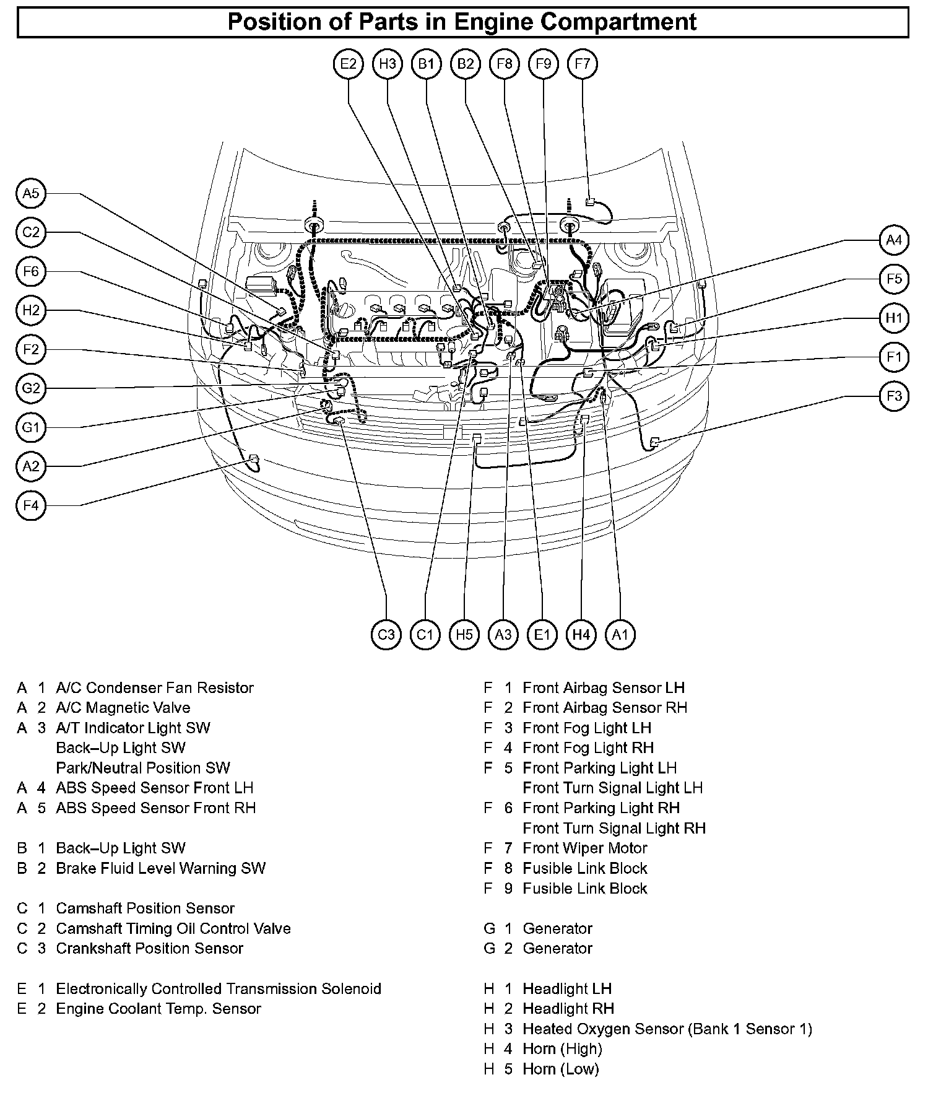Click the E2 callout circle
pyautogui.click(x=349, y=64)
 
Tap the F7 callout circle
pyautogui.click(x=583, y=64)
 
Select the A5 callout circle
pyautogui.click(x=30, y=193)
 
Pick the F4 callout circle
pyautogui.click(x=30, y=505)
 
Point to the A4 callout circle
pyautogui.click(x=894, y=240)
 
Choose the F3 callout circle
pyautogui.click(x=894, y=396)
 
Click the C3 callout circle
pyautogui.click(x=386, y=634)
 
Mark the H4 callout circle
pyautogui.click(x=581, y=634)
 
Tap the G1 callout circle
pyautogui.click(x=30, y=427)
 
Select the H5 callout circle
pyautogui.click(x=464, y=634)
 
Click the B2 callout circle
pyautogui.click(x=466, y=64)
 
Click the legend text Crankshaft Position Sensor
pyautogui.click(x=149, y=948)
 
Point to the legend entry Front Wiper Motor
pyautogui.click(x=584, y=848)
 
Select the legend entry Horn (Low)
pyautogui.click(x=561, y=1068)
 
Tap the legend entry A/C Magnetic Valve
pyautogui.click(x=123, y=707)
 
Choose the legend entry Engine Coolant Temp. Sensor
pyautogui.click(x=158, y=1008)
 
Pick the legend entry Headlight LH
pyautogui.click(x=566, y=988)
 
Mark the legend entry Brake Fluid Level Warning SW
pyautogui.click(x=160, y=868)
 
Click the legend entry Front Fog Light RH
pyautogui.click(x=588, y=747)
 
